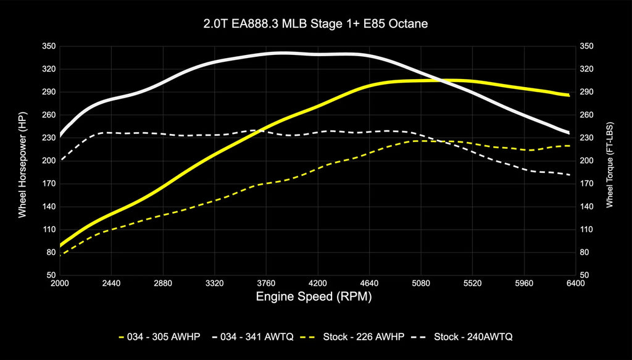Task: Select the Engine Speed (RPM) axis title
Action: point(314,296)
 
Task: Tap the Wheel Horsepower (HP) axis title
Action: point(23,161)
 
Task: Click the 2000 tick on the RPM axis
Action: point(60,283)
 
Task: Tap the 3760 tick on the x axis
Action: point(266,283)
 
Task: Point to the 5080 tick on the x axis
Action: point(420,283)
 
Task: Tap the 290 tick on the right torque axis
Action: point(586,92)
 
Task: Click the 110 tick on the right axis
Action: point(586,229)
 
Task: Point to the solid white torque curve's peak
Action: point(281,53)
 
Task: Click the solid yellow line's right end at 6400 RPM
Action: point(569,95)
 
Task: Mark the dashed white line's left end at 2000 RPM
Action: point(60,160)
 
